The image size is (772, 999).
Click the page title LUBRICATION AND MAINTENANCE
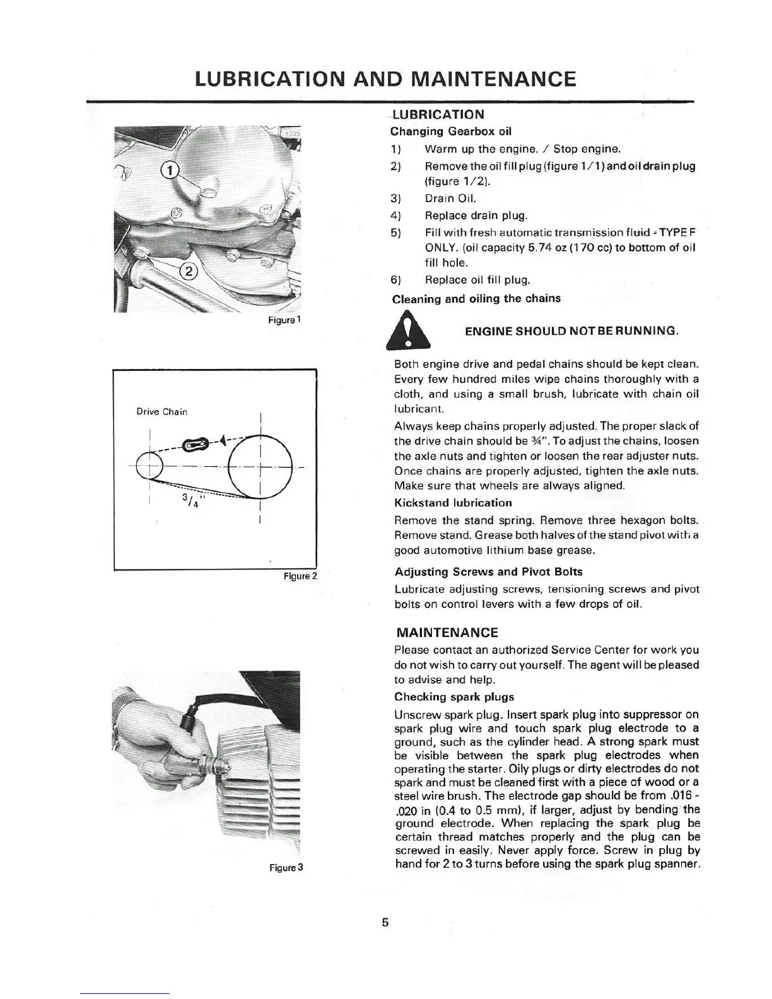pyautogui.click(x=385, y=79)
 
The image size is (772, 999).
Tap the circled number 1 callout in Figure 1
pyautogui.click(x=169, y=169)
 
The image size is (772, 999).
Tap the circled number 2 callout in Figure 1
pyautogui.click(x=189, y=272)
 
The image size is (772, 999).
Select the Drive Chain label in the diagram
pyautogui.click(x=162, y=412)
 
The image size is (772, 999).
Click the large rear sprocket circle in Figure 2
pyautogui.click(x=260, y=467)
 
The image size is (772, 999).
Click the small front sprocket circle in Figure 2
pyautogui.click(x=149, y=467)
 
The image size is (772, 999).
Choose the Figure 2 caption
pyautogui.click(x=300, y=576)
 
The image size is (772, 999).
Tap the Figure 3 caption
pyautogui.click(x=286, y=867)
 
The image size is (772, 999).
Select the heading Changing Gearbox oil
pyautogui.click(x=451, y=132)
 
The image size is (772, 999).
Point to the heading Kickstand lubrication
pyautogui.click(x=453, y=503)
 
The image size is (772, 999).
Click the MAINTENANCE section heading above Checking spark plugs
pyautogui.click(x=447, y=633)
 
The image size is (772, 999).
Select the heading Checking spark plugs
pyautogui.click(x=454, y=697)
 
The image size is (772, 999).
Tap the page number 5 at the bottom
pyautogui.click(x=385, y=923)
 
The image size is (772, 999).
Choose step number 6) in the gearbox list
pyautogui.click(x=397, y=279)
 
